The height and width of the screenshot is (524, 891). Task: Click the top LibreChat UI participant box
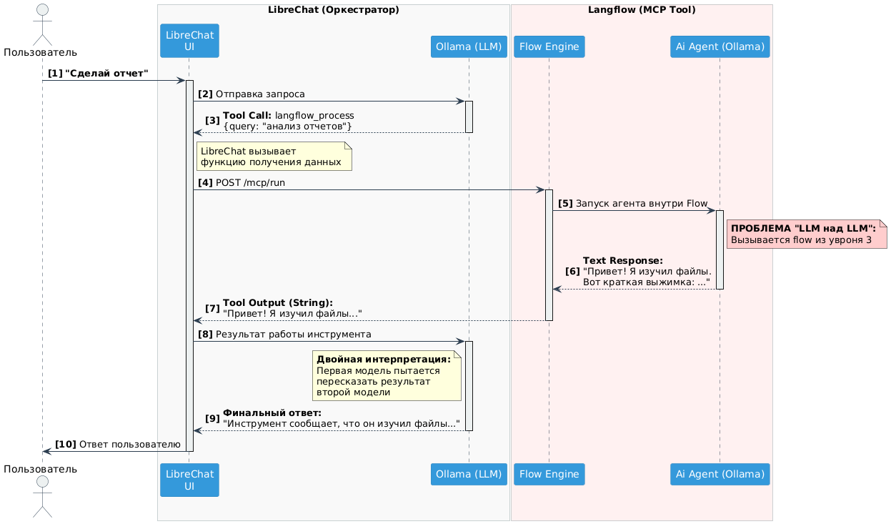pos(189,41)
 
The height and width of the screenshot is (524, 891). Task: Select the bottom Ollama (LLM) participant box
pos(469,474)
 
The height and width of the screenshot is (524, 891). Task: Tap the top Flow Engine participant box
pos(549,46)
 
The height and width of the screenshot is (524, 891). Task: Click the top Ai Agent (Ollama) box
pos(720,46)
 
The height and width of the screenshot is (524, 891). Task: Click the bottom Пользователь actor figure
pos(41,497)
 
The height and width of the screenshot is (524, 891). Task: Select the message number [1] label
pos(55,74)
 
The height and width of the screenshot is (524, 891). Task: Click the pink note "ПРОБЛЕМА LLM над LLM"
pos(806,234)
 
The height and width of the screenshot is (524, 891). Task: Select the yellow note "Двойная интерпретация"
pos(387,375)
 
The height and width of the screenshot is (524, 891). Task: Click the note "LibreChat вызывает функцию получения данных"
pos(274,156)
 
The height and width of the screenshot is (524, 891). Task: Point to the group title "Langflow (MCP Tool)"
pos(641,10)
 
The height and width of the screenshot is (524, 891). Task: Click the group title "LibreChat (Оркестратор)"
pos(333,10)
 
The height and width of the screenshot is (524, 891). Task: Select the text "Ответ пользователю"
pos(129,444)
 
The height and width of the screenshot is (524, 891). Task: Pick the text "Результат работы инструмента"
pos(293,335)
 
